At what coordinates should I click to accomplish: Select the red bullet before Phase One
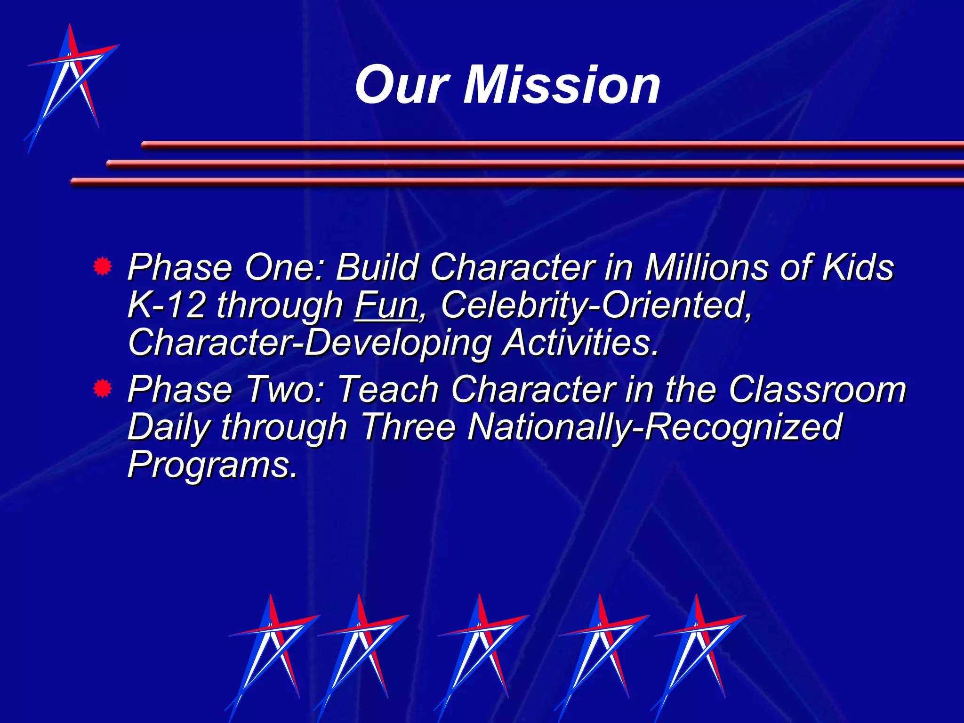[x=102, y=266]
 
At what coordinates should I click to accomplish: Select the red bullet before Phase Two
[x=102, y=389]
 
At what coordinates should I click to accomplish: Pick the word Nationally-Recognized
[x=654, y=427]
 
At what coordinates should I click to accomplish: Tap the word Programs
[x=212, y=465]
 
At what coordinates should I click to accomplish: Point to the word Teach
[x=388, y=390]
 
